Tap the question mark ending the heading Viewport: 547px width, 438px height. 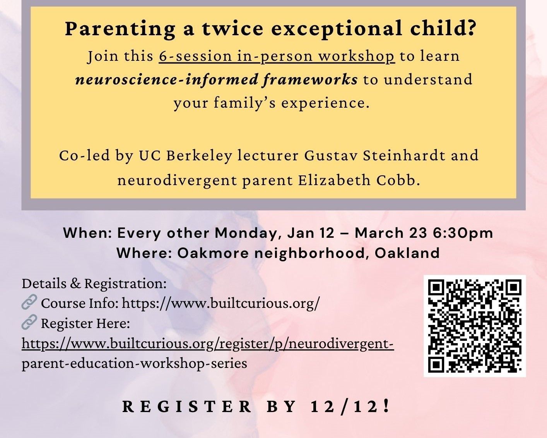(471, 29)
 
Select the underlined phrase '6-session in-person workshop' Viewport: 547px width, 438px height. (277, 56)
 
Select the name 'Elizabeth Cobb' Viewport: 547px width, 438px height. (359, 180)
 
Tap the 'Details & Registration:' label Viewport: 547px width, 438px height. (94, 283)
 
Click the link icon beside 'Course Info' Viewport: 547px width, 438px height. (29, 302)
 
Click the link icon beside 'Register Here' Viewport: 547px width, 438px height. (29, 322)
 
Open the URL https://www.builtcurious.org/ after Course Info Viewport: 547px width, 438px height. (221, 303)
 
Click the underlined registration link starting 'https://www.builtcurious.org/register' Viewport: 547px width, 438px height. (208, 344)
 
